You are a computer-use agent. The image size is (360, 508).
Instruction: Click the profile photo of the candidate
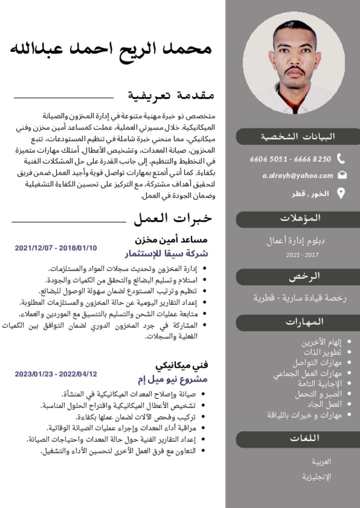294,63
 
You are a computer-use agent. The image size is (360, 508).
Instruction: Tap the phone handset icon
341,159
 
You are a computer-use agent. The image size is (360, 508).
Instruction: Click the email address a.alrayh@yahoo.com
298,176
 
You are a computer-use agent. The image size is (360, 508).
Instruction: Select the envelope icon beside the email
342,175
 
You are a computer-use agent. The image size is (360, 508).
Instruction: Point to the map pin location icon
341,193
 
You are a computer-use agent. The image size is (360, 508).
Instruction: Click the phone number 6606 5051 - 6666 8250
290,159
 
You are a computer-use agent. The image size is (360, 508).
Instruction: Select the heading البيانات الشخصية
298,136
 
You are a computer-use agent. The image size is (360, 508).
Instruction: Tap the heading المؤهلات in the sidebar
300,218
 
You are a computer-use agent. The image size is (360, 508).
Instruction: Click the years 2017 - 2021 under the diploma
302,255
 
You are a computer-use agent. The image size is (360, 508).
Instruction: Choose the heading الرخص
304,276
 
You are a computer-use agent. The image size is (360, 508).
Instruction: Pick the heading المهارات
305,322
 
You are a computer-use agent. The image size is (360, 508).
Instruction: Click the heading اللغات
304,438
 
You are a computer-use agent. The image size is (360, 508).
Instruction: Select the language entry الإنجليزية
316,477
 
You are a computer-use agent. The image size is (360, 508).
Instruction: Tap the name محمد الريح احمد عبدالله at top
111,49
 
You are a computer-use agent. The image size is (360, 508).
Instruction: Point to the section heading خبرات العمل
172,218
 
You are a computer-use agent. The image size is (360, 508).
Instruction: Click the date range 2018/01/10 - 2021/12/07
56,248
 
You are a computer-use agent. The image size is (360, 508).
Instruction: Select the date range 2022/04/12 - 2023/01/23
56,374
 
